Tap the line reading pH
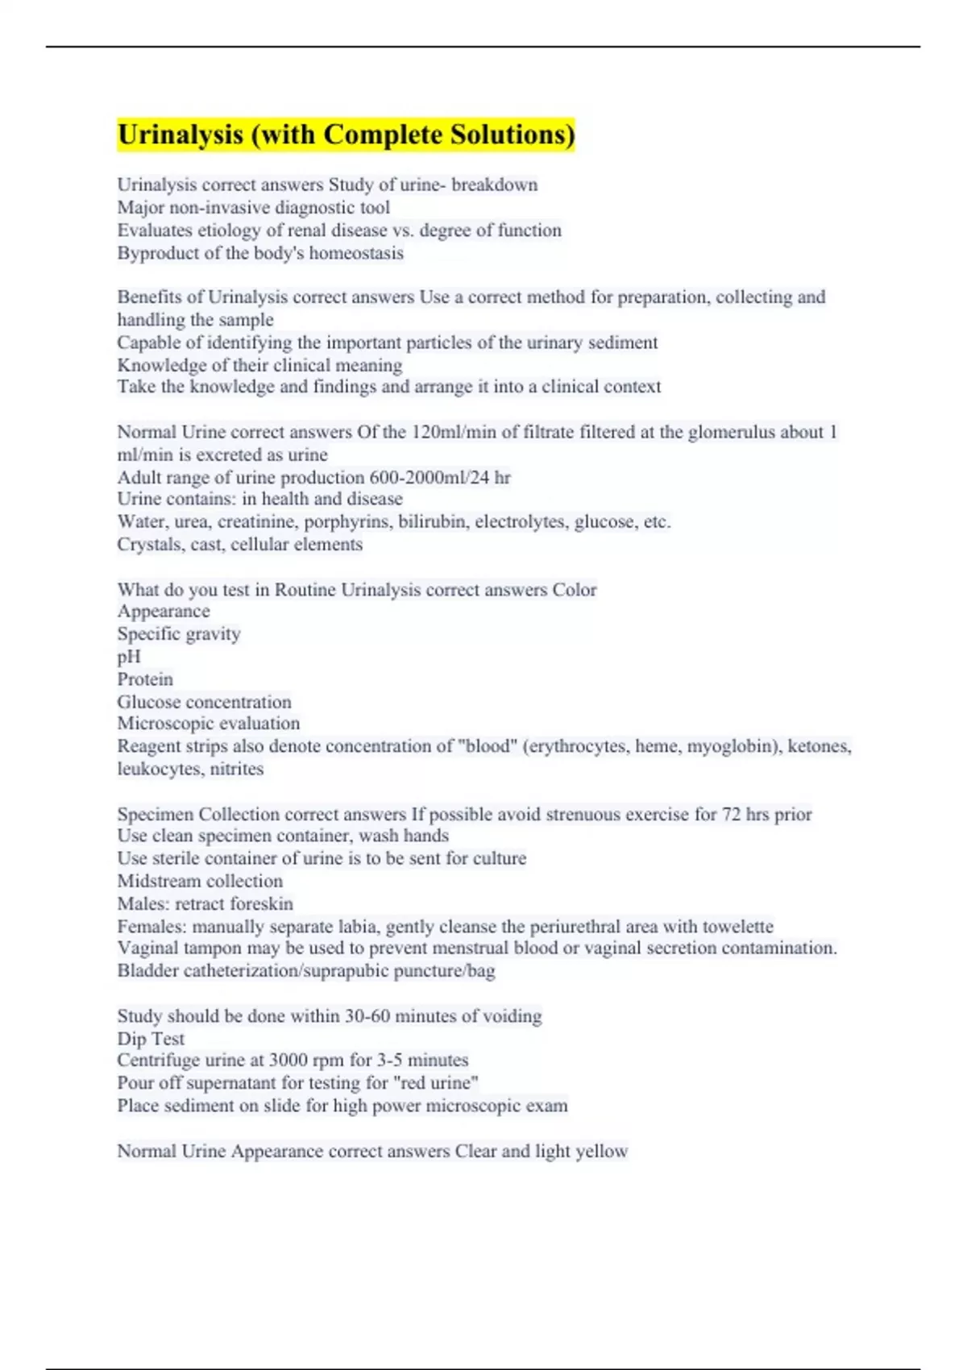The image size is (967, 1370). (129, 656)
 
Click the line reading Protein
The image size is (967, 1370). (145, 679)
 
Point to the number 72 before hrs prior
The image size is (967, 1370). (731, 814)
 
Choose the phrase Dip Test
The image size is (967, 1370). (151, 1038)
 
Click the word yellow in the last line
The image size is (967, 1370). (602, 1151)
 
